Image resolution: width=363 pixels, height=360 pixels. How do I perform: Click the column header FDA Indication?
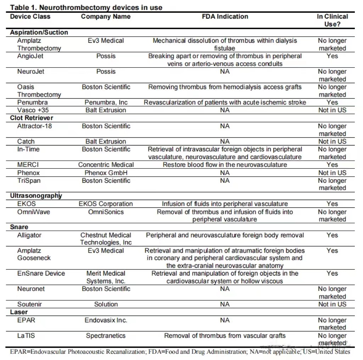224,17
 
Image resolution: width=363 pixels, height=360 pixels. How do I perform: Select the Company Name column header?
106,17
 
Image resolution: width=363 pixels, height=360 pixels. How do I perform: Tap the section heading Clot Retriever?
32,118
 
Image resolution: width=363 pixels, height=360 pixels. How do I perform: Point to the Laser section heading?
19,312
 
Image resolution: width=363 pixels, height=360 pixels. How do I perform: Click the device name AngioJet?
30,56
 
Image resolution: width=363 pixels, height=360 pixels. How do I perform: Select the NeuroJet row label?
31,72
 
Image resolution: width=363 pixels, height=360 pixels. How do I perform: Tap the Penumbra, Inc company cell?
106,102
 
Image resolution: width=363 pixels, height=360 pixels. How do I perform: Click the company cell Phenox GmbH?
106,173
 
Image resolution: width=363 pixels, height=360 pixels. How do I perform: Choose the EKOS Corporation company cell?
106,204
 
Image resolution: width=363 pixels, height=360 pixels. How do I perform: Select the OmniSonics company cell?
106,212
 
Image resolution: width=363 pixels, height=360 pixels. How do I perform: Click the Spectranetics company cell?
106,336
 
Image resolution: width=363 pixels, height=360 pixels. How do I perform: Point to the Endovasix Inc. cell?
106,320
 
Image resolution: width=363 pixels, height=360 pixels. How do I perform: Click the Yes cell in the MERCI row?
332,165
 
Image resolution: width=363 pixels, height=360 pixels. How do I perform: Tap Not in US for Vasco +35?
332,110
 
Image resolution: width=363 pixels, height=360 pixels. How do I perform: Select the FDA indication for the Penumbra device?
224,102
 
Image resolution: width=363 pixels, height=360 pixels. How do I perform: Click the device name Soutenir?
29,304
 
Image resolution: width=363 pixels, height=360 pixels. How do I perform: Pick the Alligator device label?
29,235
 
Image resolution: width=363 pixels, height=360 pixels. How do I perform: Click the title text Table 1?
86,7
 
